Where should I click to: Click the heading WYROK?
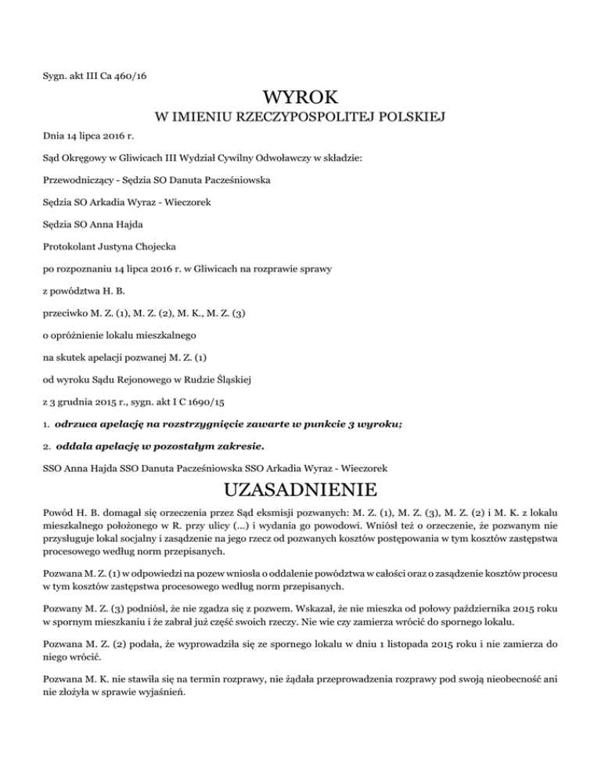[x=301, y=99]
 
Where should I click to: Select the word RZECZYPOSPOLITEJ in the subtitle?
[x=297, y=119]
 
